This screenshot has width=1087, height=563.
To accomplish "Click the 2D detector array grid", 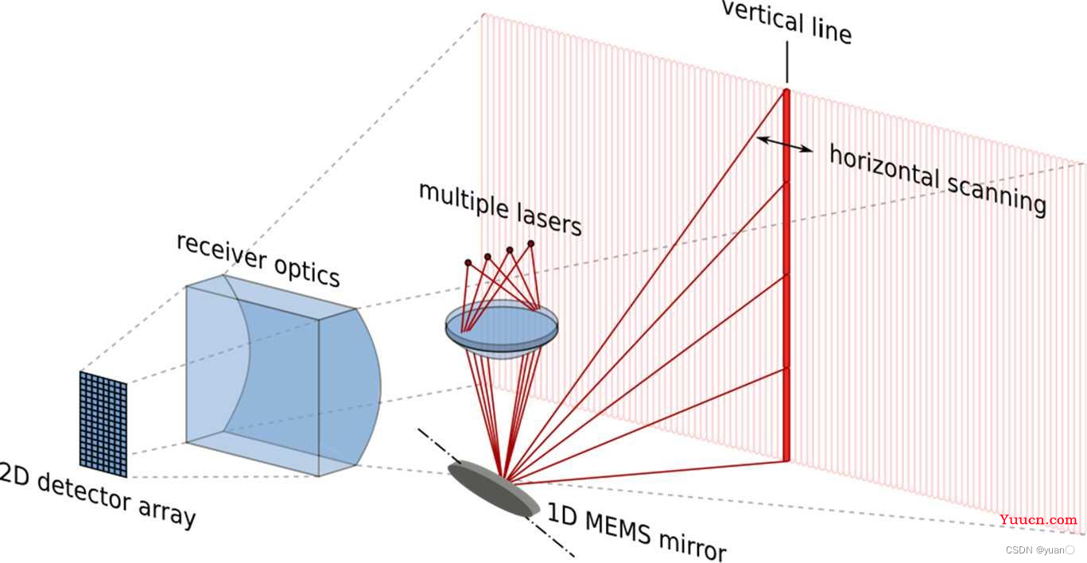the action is (x=103, y=424).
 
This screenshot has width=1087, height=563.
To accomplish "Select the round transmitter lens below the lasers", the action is (x=502, y=329).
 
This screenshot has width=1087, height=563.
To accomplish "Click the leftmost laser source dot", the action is (x=468, y=262).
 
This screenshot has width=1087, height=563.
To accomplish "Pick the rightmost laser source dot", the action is (x=531, y=243).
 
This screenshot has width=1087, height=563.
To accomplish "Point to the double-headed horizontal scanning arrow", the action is (x=785, y=144).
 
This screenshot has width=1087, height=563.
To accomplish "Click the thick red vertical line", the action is (x=786, y=274).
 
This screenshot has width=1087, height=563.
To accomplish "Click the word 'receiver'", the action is (x=221, y=251).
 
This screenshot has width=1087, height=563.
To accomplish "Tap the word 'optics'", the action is (x=307, y=272).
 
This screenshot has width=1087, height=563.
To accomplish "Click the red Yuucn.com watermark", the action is (x=1038, y=519).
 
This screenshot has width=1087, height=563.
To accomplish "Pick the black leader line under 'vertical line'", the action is (x=786, y=62).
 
